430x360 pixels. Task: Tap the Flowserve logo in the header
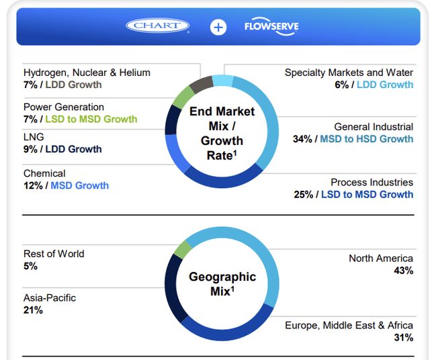point(272,27)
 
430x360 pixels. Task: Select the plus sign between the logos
point(218,27)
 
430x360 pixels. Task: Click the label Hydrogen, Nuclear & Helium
point(87,73)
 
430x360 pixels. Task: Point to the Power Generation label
point(64,107)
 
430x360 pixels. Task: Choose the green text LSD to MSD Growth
point(91,119)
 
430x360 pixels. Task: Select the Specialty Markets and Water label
point(349,73)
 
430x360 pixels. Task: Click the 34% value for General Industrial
point(302,139)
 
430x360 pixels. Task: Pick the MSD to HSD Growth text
point(366,139)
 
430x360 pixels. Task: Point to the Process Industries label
point(372,182)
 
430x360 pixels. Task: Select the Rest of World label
point(54,254)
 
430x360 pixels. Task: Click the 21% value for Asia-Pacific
point(33,310)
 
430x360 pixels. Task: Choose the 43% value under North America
point(403,271)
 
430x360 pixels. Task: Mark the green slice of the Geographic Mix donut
point(182,250)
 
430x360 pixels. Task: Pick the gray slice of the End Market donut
point(201,85)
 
